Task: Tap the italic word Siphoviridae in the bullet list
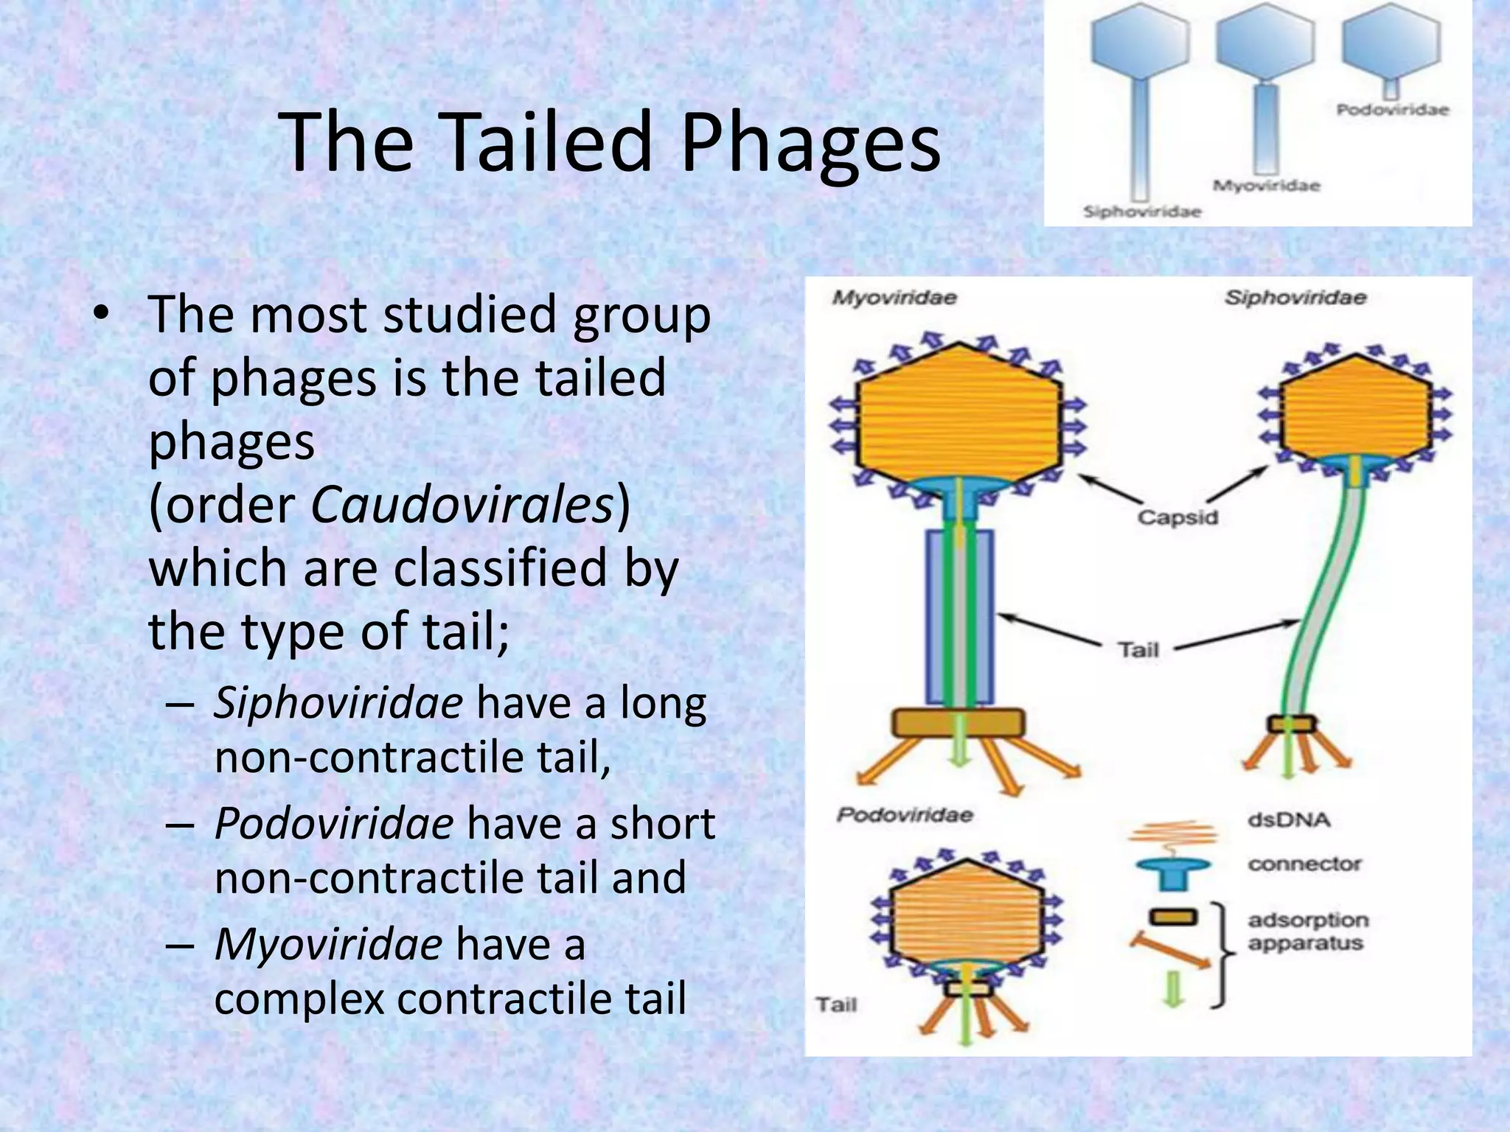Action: tap(338, 702)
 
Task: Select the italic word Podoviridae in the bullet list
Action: tap(333, 823)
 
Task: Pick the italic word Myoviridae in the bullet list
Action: tap(328, 944)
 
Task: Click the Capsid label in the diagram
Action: tap(1177, 517)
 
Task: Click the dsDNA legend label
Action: tap(1289, 820)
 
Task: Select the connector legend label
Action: tap(1304, 864)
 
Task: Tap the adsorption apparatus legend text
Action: tap(1307, 932)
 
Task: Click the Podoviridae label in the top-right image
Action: tap(1392, 110)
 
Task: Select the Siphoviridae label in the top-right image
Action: tap(1142, 212)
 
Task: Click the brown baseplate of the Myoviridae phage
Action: tap(958, 723)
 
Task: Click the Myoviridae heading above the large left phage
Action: tap(894, 298)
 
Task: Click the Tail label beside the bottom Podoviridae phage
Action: tap(836, 1005)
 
